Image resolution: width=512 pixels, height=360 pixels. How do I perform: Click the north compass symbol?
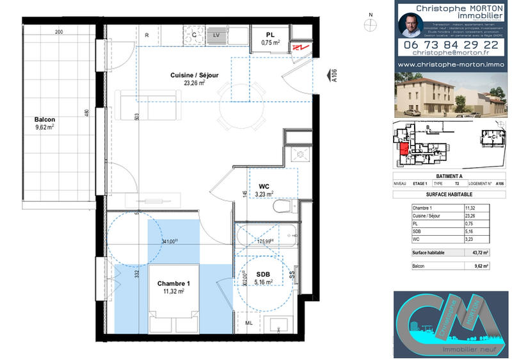click(369, 25)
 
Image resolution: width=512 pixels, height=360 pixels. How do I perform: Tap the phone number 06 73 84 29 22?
click(448, 45)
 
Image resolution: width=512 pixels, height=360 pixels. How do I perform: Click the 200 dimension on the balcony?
click(59, 32)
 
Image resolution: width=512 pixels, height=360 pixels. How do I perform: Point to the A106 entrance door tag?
click(333, 77)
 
